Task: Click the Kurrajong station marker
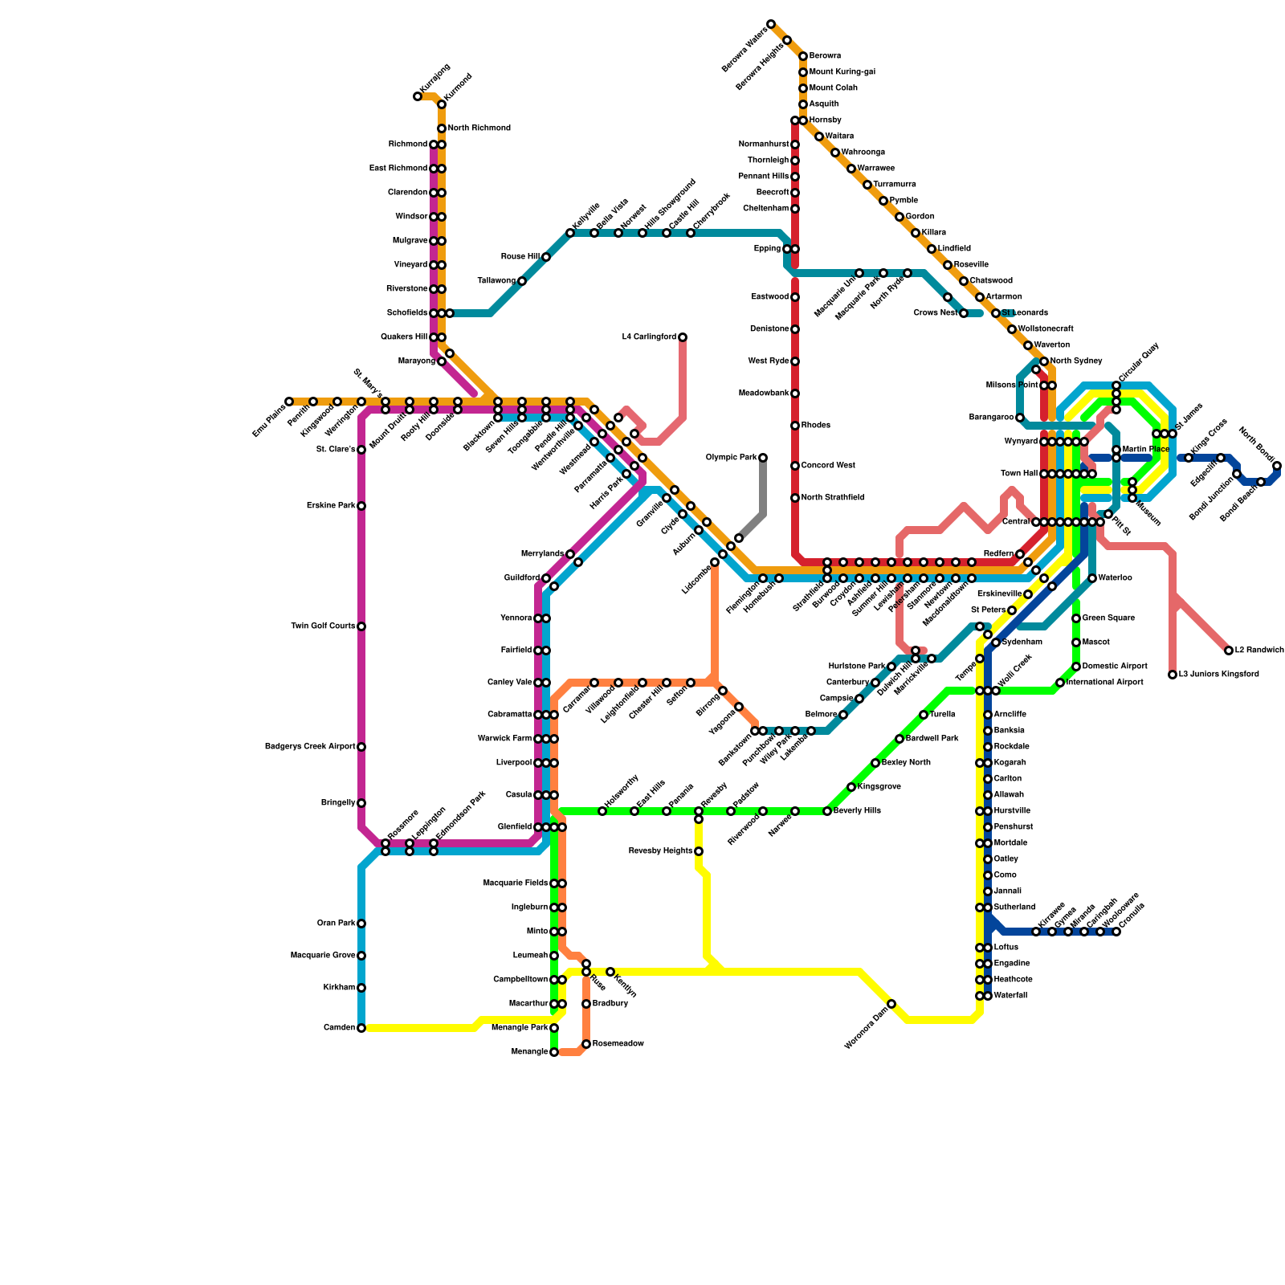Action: pos(418,96)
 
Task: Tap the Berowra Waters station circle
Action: pos(771,24)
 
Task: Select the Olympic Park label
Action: pos(731,458)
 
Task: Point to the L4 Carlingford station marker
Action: pos(683,337)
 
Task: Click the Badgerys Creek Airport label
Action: pos(310,747)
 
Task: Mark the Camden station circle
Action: pos(361,1028)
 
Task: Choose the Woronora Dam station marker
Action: pos(891,1004)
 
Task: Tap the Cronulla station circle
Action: pos(1116,932)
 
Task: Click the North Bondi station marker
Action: pos(1277,466)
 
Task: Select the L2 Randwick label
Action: pos(1259,651)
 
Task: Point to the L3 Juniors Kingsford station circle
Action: pos(1173,675)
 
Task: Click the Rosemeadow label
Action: pos(618,1044)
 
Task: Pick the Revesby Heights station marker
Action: pos(699,851)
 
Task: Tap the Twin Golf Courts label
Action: pos(323,626)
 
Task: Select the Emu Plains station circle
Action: pos(289,402)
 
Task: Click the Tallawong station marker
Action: pos(522,281)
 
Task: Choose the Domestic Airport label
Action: pos(1114,667)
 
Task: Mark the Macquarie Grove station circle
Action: pos(361,956)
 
